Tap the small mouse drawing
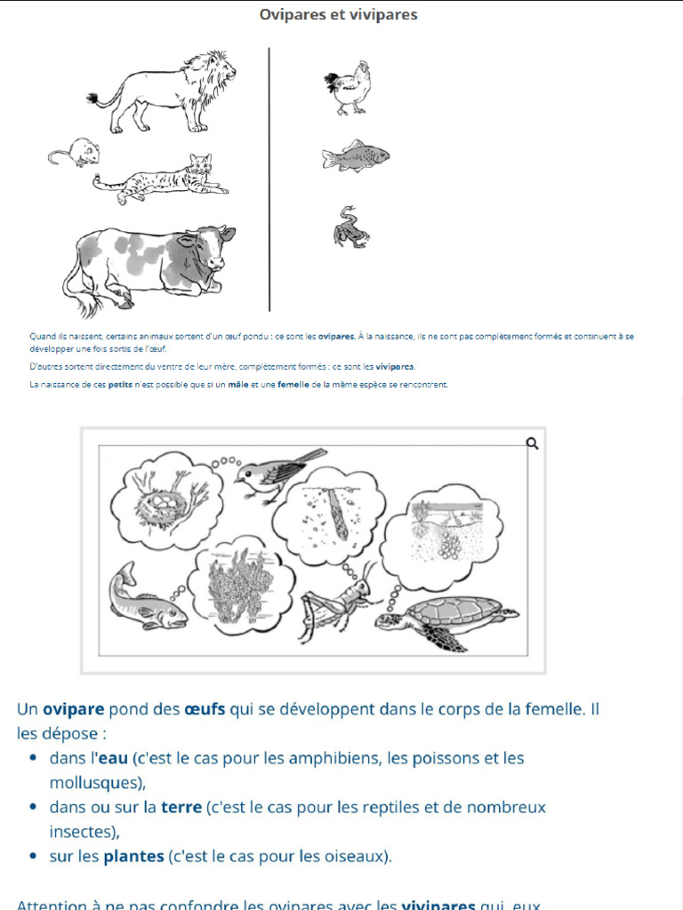76,153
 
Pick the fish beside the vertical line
355,156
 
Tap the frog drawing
350,227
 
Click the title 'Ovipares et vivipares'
338,15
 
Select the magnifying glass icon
533,443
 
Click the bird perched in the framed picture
277,473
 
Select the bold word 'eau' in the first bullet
113,758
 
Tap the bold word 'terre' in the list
181,808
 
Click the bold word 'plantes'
133,857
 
